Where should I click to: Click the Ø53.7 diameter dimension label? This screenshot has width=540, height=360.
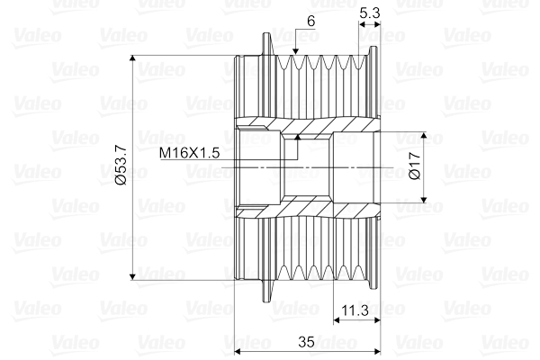[x=121, y=166]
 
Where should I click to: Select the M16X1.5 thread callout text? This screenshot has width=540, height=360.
[x=189, y=153]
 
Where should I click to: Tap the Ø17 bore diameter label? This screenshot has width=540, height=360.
[x=415, y=166]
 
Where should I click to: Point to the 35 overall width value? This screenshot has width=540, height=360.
[x=306, y=342]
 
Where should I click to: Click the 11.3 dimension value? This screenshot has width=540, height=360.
[x=355, y=310]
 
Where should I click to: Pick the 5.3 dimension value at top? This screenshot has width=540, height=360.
[x=370, y=13]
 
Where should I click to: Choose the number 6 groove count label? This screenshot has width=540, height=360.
[x=311, y=22]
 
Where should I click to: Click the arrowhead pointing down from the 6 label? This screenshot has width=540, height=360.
[x=295, y=51]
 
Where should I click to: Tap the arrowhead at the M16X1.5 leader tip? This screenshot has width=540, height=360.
[x=298, y=137]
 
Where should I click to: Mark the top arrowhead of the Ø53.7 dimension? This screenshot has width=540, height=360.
[x=132, y=58]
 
